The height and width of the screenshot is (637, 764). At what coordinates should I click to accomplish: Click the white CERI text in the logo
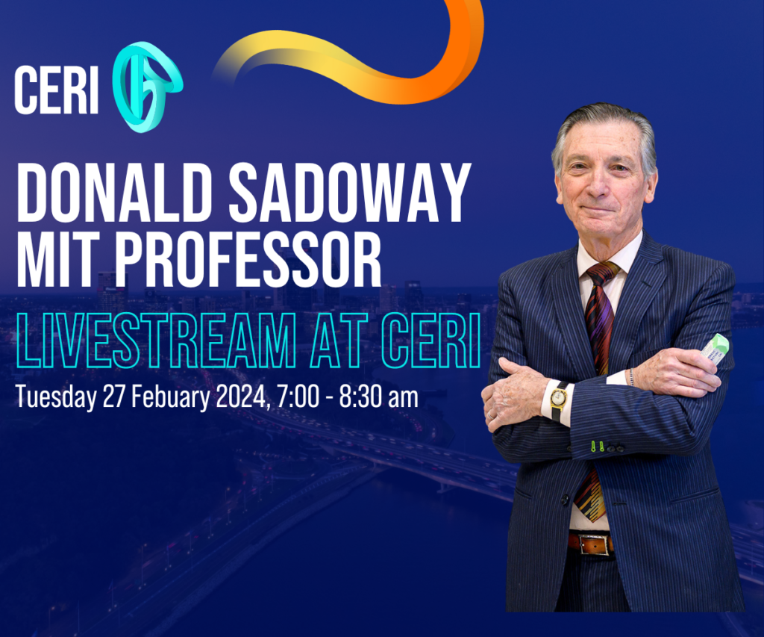click(57, 90)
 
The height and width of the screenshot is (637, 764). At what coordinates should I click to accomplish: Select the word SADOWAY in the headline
click(350, 192)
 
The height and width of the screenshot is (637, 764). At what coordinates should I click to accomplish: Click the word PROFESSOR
click(248, 258)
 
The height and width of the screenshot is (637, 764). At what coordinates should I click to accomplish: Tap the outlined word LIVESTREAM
click(156, 340)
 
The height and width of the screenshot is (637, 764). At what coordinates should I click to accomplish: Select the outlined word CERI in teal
click(431, 340)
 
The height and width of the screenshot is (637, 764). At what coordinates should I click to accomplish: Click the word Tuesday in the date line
click(56, 397)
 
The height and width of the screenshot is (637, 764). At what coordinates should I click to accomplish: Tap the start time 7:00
click(298, 397)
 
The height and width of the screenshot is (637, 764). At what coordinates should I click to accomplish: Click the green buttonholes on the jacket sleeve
click(598, 446)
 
